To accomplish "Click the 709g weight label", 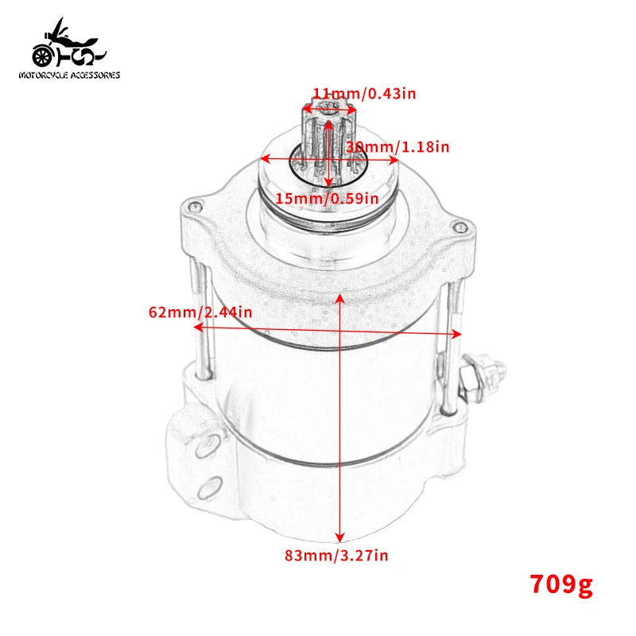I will pos(561,585).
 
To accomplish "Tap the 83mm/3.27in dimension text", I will pos(336,556).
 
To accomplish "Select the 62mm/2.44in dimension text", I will pos(200,312).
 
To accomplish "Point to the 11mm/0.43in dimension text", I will pos(364,93).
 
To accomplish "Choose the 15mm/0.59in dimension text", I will pos(328,198).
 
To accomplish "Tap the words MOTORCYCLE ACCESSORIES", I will pos(69,76).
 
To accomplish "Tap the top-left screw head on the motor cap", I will pos(192,207).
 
